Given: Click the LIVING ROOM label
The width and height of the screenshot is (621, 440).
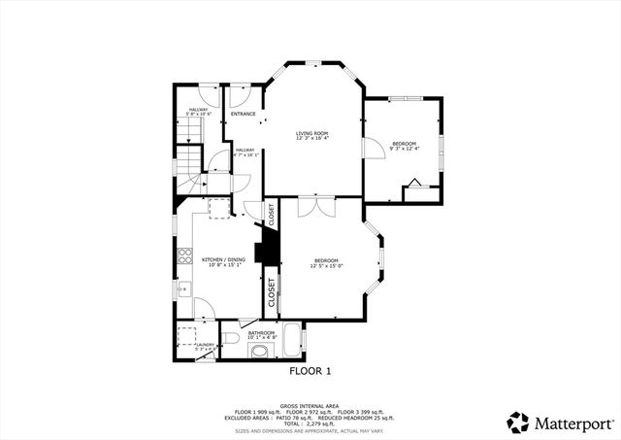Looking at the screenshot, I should [312, 133].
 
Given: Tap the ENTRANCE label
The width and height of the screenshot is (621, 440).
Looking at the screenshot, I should [243, 114].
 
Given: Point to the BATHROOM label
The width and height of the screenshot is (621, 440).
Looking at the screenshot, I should [261, 333].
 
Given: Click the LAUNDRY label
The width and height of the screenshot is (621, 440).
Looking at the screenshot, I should [205, 344].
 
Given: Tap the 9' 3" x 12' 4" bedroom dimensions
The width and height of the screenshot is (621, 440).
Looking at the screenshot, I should [403, 149].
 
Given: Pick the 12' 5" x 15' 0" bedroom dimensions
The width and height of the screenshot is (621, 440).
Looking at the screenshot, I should [326, 265].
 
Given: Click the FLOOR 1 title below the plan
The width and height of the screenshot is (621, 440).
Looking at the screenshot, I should [310, 371].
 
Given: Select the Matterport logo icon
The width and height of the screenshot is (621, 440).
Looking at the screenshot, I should [518, 423].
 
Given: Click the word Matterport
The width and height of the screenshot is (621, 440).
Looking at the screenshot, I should [572, 423].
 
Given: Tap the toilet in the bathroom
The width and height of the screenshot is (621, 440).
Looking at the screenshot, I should [230, 337].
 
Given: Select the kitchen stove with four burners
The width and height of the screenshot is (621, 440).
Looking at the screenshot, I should [184, 257].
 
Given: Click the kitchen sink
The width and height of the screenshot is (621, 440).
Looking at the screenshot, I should [181, 289].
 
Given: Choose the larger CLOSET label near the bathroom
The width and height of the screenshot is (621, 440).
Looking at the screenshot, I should [272, 292].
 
